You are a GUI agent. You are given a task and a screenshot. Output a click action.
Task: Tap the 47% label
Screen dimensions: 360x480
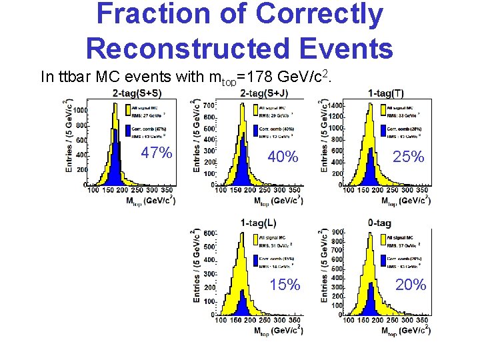(x=157, y=153)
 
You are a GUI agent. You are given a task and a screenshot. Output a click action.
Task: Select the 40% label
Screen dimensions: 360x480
(x=282, y=157)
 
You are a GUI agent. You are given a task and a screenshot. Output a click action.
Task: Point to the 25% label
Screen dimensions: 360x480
(x=407, y=157)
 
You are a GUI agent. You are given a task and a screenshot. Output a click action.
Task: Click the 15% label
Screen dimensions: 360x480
(x=285, y=285)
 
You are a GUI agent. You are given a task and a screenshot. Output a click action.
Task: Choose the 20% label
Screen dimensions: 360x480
(x=410, y=285)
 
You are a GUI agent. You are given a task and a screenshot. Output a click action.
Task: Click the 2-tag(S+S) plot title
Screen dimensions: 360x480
(x=137, y=93)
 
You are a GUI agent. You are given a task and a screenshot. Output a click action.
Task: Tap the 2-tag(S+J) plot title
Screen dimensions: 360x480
(x=263, y=93)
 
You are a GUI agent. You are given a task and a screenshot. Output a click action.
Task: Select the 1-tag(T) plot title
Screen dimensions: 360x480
(x=390, y=93)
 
